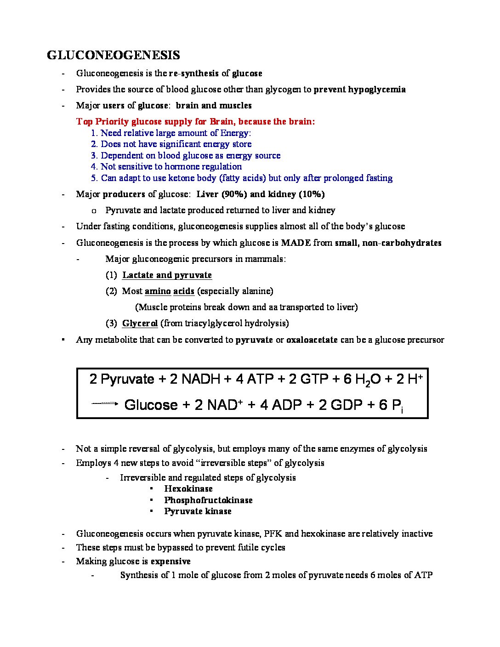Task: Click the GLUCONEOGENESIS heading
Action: tap(113, 55)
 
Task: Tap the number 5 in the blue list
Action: tap(94, 178)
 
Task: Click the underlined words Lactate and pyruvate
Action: tap(167, 275)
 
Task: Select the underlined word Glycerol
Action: tap(140, 323)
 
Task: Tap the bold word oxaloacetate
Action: tap(312, 340)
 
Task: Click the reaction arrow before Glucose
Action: tap(105, 404)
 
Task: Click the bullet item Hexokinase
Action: tap(188, 488)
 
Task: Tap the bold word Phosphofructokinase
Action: tap(208, 500)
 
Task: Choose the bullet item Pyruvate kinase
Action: tap(198, 511)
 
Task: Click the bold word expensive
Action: tap(170, 561)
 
